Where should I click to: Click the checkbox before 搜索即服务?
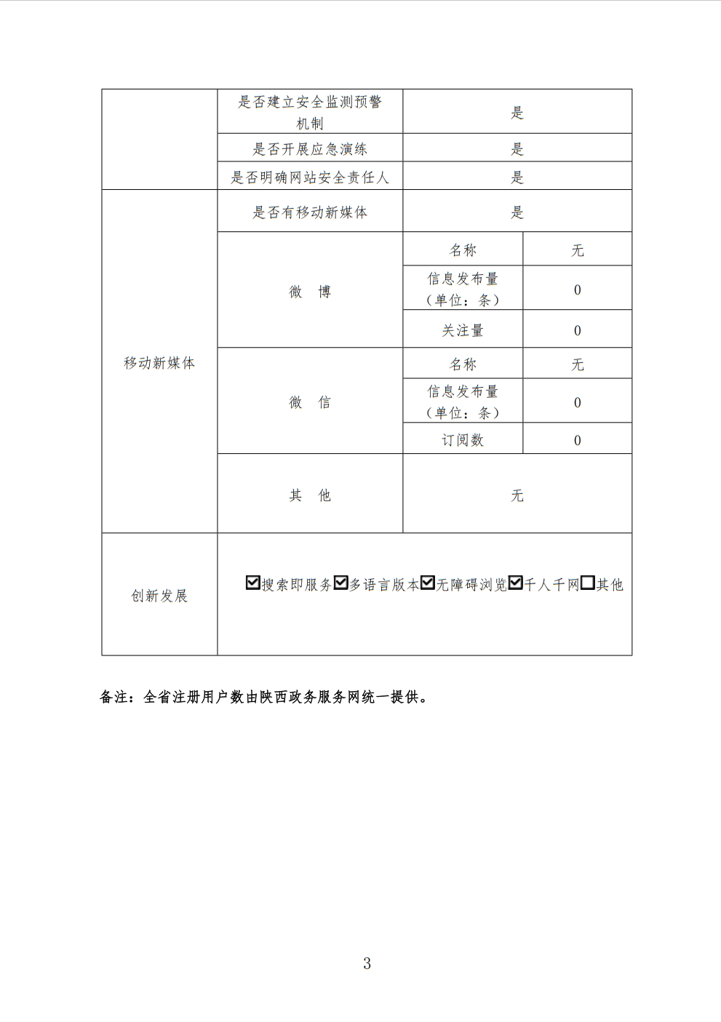(252, 583)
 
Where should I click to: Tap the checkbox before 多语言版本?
(340, 583)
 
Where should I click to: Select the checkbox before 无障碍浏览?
(428, 583)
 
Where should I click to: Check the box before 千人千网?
(516, 583)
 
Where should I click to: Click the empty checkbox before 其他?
(588, 583)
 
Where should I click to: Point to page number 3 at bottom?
(367, 964)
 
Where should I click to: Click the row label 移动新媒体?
(159, 363)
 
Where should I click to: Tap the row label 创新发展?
(159, 596)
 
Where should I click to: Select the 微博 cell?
(310, 292)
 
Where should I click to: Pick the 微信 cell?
(310, 402)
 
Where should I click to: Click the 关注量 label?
(463, 330)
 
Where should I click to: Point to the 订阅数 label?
(463, 440)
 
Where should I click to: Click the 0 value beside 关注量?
(578, 330)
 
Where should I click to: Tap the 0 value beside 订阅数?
(578, 440)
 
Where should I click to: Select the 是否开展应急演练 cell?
(310, 149)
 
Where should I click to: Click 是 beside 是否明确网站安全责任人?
(517, 177)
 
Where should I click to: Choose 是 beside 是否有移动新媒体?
(517, 212)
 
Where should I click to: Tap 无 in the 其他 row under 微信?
(517, 495)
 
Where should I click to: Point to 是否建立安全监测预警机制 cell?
(310, 112)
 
